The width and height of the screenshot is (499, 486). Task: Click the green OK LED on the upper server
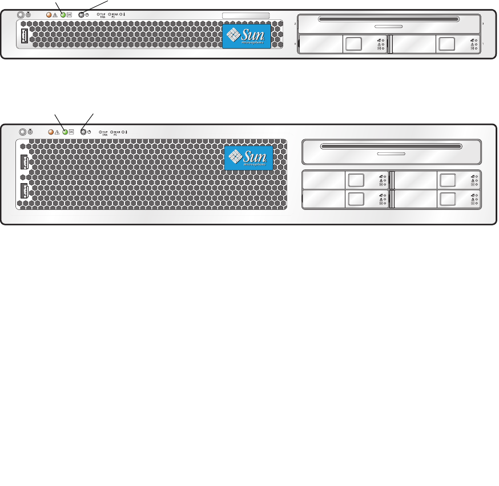(63, 15)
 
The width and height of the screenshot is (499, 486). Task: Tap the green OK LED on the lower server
(65, 132)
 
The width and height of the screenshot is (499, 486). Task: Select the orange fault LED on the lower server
(50, 132)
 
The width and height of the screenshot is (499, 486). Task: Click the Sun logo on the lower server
(248, 157)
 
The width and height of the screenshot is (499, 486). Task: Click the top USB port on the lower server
(23, 163)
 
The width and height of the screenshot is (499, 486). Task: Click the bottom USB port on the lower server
(23, 192)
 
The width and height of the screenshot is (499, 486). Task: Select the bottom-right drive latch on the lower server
(448, 200)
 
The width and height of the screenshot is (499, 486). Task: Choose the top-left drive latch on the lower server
(355, 180)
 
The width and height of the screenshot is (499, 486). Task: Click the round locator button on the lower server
(22, 132)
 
